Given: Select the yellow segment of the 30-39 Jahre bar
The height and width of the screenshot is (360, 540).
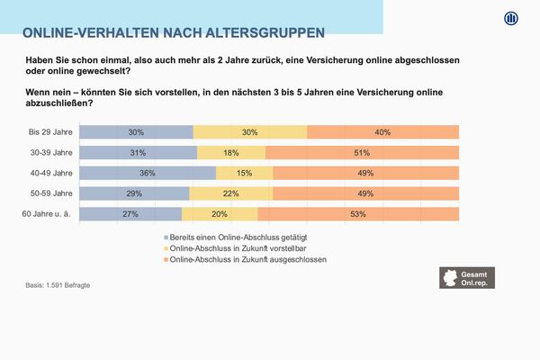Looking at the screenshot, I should [231, 153].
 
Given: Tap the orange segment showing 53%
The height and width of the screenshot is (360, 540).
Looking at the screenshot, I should [358, 213].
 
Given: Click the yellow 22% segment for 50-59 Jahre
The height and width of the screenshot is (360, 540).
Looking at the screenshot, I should [230, 193].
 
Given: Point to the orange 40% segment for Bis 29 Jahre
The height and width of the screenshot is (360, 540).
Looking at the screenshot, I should [382, 132].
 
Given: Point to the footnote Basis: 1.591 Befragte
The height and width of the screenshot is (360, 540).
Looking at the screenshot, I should [58, 285].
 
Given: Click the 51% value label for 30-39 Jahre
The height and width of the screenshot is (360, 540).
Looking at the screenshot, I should [362, 153].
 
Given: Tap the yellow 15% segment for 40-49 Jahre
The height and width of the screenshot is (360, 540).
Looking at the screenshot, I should [244, 173].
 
